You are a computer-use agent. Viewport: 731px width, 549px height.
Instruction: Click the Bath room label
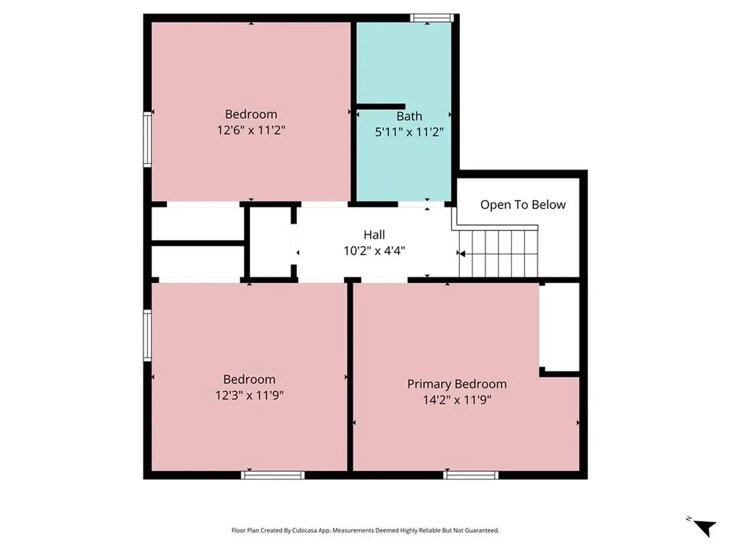pyautogui.click(x=409, y=116)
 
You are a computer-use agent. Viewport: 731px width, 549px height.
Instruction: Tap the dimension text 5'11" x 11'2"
pyautogui.click(x=409, y=132)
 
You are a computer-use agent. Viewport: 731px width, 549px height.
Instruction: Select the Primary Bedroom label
pyautogui.click(x=457, y=384)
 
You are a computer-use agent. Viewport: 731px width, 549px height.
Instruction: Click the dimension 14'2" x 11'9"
pyautogui.click(x=457, y=400)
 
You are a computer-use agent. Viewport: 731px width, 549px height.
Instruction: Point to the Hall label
pyautogui.click(x=374, y=234)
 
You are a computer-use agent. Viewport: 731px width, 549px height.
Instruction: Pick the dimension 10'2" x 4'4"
pyautogui.click(x=374, y=250)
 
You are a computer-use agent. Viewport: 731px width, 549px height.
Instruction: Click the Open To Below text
pyautogui.click(x=523, y=204)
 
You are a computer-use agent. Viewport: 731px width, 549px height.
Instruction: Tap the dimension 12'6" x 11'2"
pyautogui.click(x=251, y=130)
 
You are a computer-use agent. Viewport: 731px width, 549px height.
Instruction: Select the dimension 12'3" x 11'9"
pyautogui.click(x=249, y=395)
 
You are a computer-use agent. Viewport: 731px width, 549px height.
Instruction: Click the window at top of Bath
pyautogui.click(x=432, y=18)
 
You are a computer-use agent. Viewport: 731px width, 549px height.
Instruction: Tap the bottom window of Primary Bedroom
pyautogui.click(x=470, y=474)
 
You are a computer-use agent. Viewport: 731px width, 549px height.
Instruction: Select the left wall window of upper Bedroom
pyautogui.click(x=148, y=139)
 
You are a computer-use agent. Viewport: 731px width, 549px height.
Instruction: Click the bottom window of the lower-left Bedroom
pyautogui.click(x=273, y=474)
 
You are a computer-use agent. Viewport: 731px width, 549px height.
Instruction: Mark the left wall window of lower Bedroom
pyautogui.click(x=148, y=335)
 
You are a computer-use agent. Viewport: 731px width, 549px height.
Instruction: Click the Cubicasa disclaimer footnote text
pyautogui.click(x=365, y=530)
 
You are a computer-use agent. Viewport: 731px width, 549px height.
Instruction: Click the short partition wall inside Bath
pyautogui.click(x=380, y=107)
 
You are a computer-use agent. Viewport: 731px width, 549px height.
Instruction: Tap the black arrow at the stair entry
pyautogui.click(x=461, y=253)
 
